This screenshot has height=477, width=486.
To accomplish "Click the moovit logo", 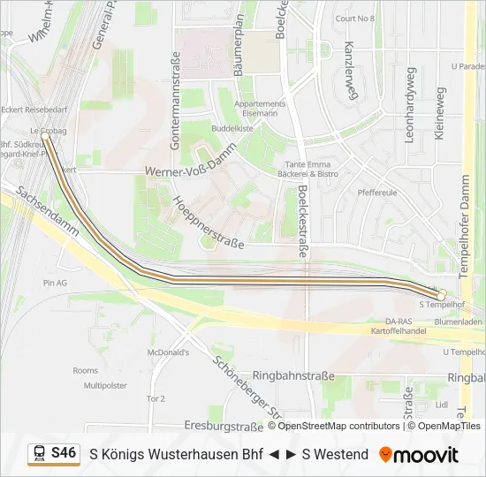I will (x=419, y=455).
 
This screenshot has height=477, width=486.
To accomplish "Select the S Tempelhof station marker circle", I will (x=442, y=294).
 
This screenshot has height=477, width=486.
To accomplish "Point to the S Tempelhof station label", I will (x=442, y=305).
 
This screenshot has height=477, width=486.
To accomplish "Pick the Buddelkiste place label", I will (x=232, y=127).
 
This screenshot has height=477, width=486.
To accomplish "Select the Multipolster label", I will (x=106, y=385).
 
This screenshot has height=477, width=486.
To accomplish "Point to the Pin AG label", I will (x=55, y=283).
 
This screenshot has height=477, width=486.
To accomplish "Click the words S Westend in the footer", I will (x=335, y=454).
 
